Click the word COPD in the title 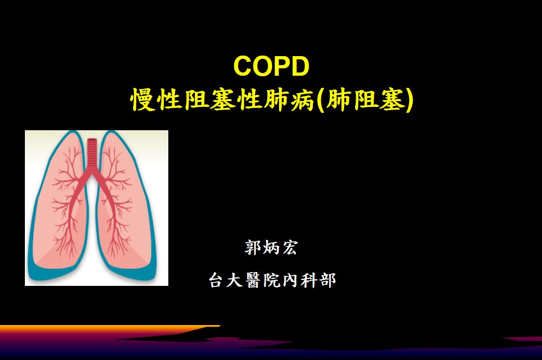pyautogui.click(x=272, y=66)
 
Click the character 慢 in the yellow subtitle pyautogui.click(x=142, y=100)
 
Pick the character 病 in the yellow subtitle pyautogui.click(x=302, y=100)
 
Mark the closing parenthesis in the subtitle pyautogui.click(x=409, y=100)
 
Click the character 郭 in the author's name pyautogui.click(x=252, y=248)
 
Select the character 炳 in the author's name pyautogui.click(x=271, y=248)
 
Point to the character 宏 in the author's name pyautogui.click(x=290, y=248)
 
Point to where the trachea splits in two pyautogui.click(x=92, y=170)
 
